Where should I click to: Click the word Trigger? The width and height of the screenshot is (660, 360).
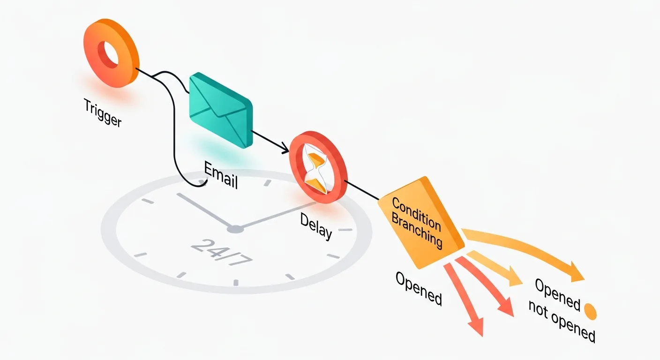click(x=103, y=112)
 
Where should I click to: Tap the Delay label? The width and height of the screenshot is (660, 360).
click(x=316, y=226)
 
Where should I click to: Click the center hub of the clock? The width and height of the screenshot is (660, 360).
click(x=235, y=229)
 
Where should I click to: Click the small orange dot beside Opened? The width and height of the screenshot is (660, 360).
click(x=590, y=310)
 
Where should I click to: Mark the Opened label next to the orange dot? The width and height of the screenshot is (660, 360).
click(x=557, y=294)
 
